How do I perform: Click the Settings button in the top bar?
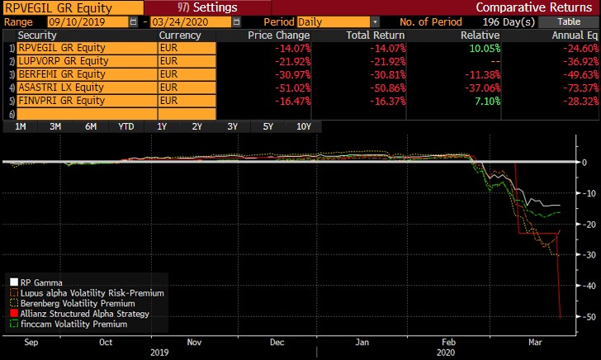click(x=207, y=7)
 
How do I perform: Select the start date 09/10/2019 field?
click(x=82, y=21)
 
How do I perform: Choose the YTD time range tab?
click(x=125, y=126)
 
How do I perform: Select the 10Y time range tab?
click(x=303, y=126)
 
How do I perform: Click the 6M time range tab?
click(x=91, y=126)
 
